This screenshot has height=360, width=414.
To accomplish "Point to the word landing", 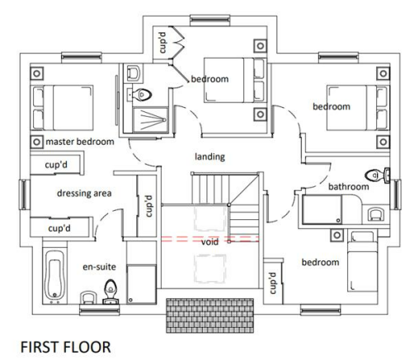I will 211,156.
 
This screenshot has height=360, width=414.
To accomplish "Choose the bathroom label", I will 348,187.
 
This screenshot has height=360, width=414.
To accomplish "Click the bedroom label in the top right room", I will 331,106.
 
